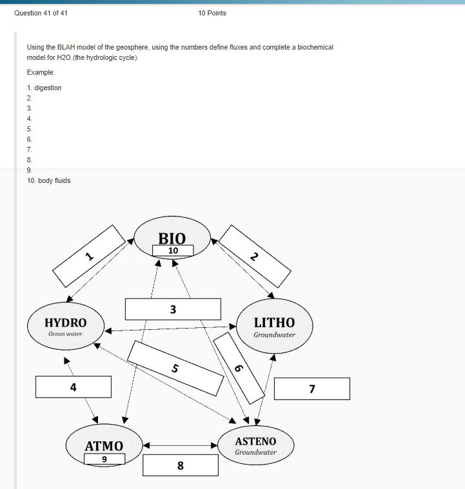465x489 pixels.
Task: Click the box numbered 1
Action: (x=89, y=256)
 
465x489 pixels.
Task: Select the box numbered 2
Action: (x=254, y=256)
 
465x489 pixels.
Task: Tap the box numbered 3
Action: (x=173, y=309)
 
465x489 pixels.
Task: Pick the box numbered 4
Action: (x=73, y=387)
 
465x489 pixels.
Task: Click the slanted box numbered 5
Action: (x=175, y=368)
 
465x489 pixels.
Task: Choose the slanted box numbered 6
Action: (x=239, y=367)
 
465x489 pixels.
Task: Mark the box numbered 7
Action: (x=312, y=388)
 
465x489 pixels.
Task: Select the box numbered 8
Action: (x=180, y=465)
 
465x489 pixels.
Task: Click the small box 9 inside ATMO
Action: (x=104, y=459)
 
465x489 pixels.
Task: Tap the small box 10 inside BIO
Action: (x=173, y=250)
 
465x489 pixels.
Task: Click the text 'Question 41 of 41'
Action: (x=41, y=13)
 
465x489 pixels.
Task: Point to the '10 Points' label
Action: (x=212, y=13)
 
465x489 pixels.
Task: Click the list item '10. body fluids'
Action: (x=48, y=180)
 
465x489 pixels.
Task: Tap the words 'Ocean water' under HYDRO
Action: (x=65, y=334)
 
